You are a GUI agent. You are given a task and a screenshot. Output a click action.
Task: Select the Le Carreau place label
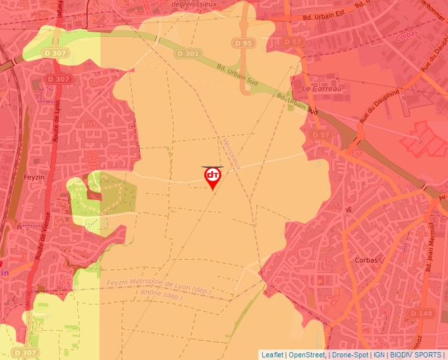point(322,88)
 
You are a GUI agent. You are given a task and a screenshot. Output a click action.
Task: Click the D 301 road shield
point(187,53)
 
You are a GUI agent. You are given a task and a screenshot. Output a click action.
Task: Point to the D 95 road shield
point(242,43)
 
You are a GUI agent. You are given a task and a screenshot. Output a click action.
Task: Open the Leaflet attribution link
point(271,355)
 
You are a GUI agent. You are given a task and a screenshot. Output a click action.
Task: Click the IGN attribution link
point(379,355)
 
